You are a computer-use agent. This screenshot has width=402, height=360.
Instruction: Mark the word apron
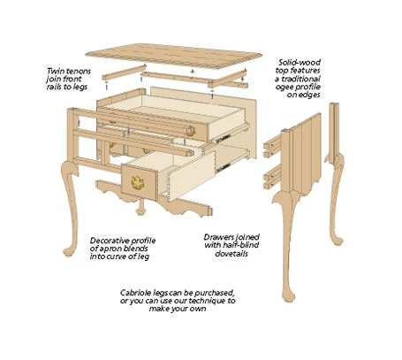click(x=110, y=249)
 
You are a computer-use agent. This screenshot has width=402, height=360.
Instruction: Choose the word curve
click(x=106, y=258)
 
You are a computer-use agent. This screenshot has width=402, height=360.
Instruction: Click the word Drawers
click(x=224, y=237)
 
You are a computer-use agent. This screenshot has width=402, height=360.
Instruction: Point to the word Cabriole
click(x=141, y=292)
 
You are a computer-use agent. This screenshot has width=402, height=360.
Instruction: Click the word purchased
click(x=216, y=292)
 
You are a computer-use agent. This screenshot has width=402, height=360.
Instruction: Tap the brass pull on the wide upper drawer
click(x=188, y=130)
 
